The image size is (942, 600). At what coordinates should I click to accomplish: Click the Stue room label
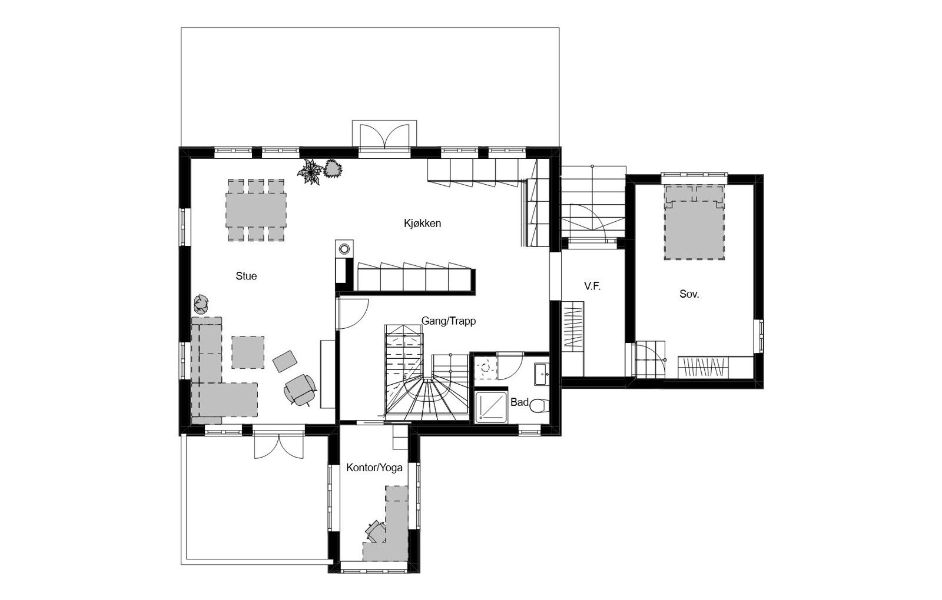246,276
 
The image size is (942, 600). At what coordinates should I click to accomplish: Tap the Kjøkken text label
422,224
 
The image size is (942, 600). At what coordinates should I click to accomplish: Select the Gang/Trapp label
448,321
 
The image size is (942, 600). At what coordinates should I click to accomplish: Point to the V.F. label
592,286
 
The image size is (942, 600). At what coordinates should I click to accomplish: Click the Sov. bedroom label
689,294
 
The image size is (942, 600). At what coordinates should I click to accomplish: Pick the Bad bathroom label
519,402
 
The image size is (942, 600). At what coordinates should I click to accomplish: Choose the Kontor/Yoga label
374,468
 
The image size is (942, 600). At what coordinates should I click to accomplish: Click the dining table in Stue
256,210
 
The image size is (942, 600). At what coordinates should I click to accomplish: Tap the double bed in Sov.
694,222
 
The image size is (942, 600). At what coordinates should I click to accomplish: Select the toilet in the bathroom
540,406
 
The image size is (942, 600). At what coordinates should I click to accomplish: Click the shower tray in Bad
491,406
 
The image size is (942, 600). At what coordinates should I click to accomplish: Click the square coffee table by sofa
247,351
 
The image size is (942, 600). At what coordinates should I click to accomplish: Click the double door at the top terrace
384,136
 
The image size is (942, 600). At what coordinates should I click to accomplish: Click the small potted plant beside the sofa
201,304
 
